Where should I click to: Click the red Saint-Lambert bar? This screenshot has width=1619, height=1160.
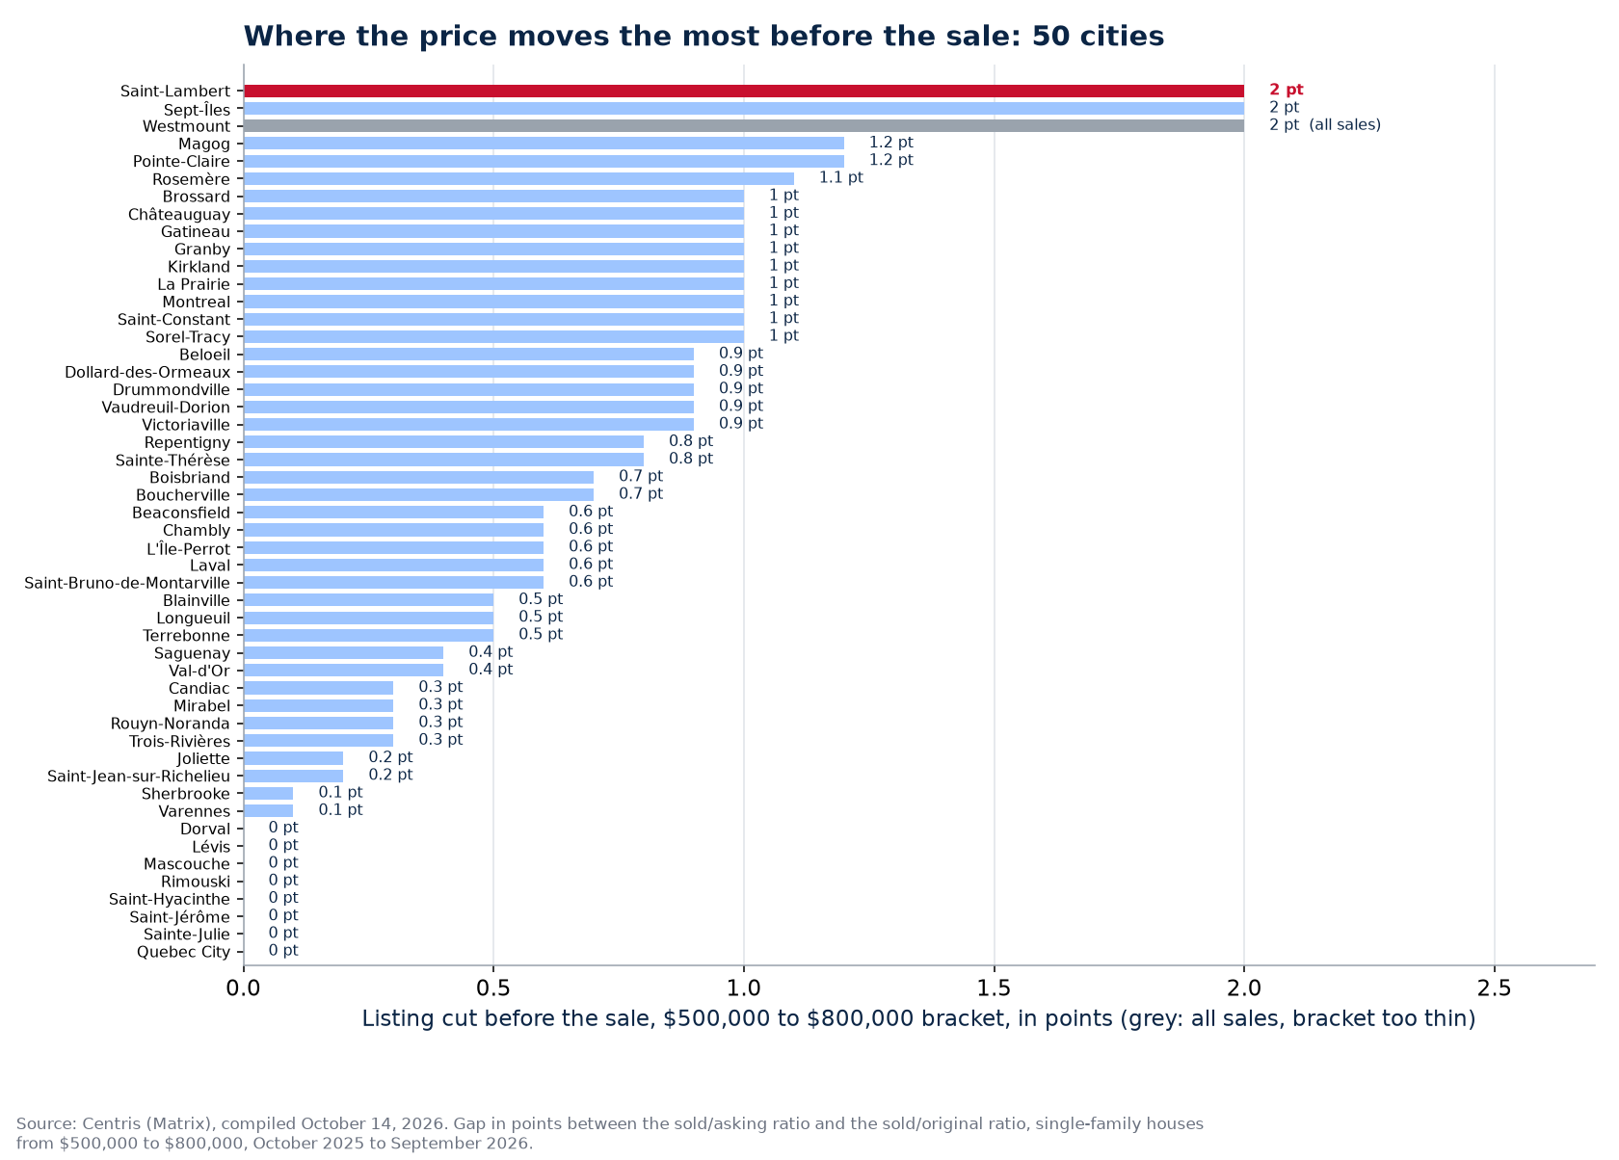point(744,92)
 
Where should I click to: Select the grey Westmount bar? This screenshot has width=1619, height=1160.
point(744,126)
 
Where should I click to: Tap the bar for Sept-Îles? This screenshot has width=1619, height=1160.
point(744,109)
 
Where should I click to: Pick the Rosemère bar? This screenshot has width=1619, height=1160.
point(518,178)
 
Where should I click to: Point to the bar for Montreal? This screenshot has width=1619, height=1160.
point(493,302)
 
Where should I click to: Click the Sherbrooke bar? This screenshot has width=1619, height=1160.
point(268,794)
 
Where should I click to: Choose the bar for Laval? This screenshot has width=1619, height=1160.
point(393,566)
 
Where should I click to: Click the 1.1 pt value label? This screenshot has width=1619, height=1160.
point(840,178)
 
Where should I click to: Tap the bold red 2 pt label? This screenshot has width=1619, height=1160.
point(1286,90)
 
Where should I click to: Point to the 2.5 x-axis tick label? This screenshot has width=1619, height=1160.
point(1495,988)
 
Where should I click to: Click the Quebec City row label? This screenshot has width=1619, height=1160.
point(183,952)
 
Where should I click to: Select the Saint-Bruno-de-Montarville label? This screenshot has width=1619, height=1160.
point(127,583)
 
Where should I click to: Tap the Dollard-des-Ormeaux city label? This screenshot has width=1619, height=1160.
point(147,372)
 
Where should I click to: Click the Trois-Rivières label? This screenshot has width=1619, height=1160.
point(179,742)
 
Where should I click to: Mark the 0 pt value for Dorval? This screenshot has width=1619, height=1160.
point(283,828)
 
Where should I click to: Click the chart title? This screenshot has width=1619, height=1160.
point(703,37)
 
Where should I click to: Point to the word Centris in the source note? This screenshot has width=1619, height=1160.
point(108,1123)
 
